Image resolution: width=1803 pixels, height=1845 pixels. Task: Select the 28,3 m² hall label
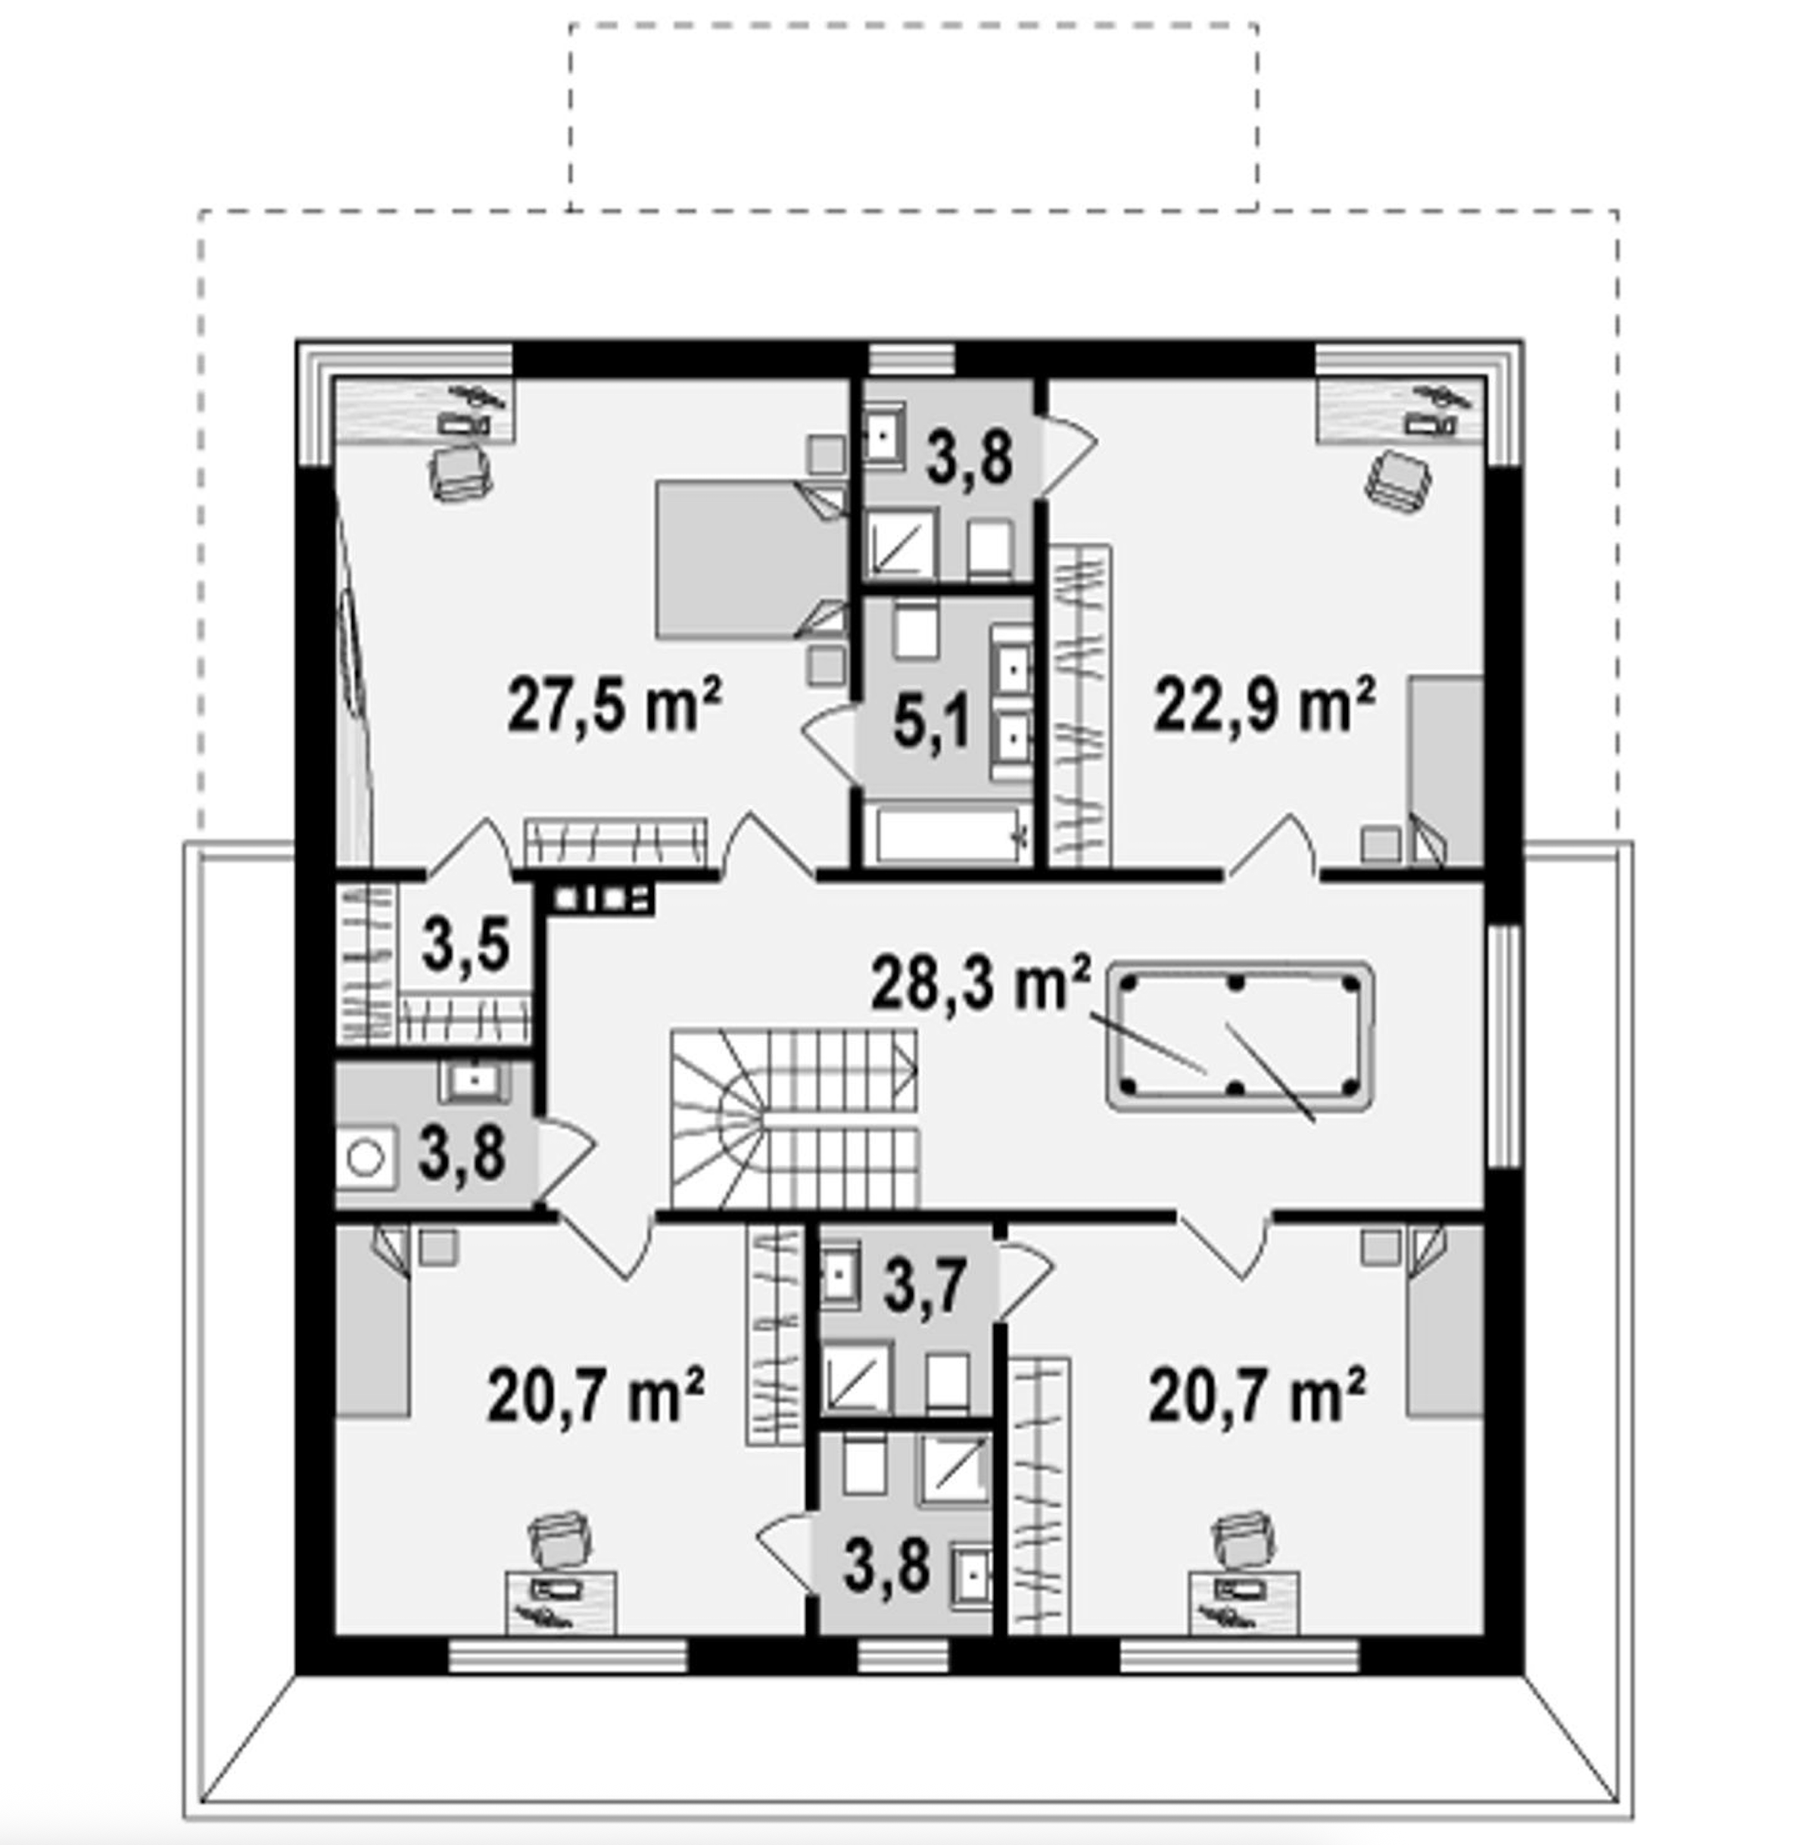pyautogui.click(x=981, y=984)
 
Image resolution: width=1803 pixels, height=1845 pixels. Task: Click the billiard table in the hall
pyautogui.click(x=1241, y=1038)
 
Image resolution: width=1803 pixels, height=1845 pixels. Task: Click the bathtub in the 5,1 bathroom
pyautogui.click(x=951, y=833)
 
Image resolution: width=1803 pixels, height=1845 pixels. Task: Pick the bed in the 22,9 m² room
pyautogui.click(x=1445, y=770)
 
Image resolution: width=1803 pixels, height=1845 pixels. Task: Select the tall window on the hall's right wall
pyautogui.click(x=1504, y=1045)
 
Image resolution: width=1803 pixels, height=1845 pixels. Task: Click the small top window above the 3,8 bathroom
pyautogui.click(x=912, y=359)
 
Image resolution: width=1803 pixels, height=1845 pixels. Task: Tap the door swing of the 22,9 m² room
pyautogui.click(x=1271, y=845)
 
